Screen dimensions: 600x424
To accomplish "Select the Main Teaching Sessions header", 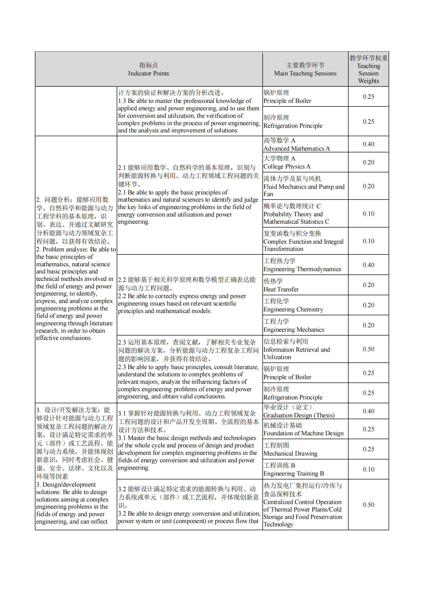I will pyautogui.click(x=305, y=69).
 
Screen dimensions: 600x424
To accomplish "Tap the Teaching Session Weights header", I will pyautogui.click(x=368, y=69).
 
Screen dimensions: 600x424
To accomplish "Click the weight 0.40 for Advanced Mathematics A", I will pyautogui.click(x=368, y=144).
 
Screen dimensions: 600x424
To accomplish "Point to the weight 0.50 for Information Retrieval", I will pyautogui.click(x=368, y=349).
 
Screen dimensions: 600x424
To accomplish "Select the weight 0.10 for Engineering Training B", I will pyautogui.click(x=368, y=469).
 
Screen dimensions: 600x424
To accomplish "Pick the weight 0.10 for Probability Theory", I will pyautogui.click(x=368, y=214).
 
